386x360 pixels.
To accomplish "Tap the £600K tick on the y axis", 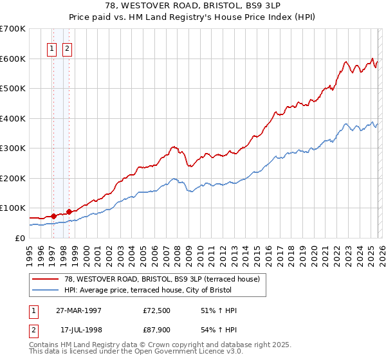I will (x=13, y=59).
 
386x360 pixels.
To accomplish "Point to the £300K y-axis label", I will (x=13, y=148).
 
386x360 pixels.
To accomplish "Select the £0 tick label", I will (x=19, y=238).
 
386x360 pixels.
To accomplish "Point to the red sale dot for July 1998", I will (x=69, y=212).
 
